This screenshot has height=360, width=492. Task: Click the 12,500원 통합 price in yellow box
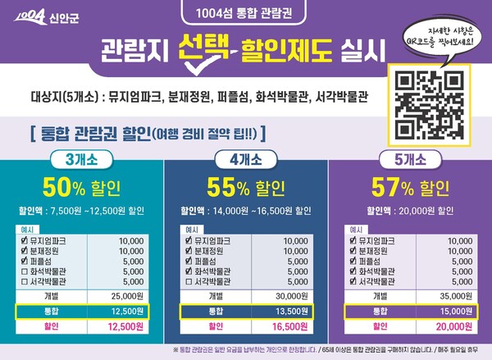[130, 311]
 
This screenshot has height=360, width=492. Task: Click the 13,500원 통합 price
[292, 311]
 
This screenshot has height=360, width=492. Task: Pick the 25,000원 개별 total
[130, 295]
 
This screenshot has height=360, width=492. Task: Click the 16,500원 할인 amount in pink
[292, 326]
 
